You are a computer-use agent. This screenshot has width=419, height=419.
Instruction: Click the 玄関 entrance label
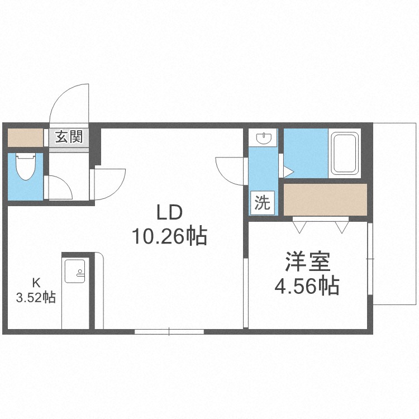(69, 136)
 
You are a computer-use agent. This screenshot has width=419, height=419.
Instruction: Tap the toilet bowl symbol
(26, 166)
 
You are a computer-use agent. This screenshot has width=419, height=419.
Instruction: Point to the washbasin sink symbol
(264, 138)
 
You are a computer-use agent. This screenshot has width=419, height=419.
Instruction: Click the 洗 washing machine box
(262, 203)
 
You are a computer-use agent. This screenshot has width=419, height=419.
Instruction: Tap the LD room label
(169, 212)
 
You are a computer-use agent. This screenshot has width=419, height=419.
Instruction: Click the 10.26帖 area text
(169, 236)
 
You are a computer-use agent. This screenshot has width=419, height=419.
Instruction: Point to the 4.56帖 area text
(307, 286)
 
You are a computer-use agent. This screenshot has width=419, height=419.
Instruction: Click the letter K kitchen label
(36, 283)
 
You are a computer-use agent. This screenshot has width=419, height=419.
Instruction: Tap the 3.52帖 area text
(36, 297)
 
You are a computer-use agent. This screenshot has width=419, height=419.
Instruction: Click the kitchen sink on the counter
(75, 271)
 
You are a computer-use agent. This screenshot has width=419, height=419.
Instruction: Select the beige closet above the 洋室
(325, 199)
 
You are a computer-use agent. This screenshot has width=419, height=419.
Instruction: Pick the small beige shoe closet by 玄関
(25, 137)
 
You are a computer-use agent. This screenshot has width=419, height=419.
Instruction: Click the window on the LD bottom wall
(169, 332)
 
